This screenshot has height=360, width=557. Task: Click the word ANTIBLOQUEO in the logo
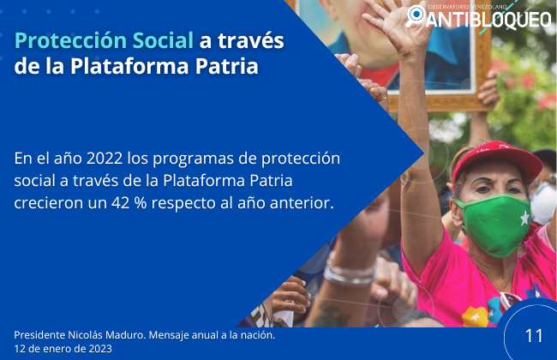pos(488,19)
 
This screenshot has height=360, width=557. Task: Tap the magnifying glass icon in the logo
pos(415,16)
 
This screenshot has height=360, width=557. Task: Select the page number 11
pos(534,336)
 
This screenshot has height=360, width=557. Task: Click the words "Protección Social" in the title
pos(104,41)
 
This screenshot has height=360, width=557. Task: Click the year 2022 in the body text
pos(105,159)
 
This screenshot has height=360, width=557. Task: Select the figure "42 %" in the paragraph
pos(129,203)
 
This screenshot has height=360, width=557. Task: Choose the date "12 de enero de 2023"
pos(63,349)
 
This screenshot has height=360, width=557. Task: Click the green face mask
pos(495,224)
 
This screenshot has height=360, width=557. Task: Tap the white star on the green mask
pos(524,218)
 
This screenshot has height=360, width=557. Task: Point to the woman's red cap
pos(496,160)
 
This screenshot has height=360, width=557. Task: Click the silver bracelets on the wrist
pos(349,271)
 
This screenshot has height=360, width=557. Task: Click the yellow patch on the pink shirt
pos(476,316)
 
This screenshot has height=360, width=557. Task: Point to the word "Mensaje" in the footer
pos(168,335)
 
